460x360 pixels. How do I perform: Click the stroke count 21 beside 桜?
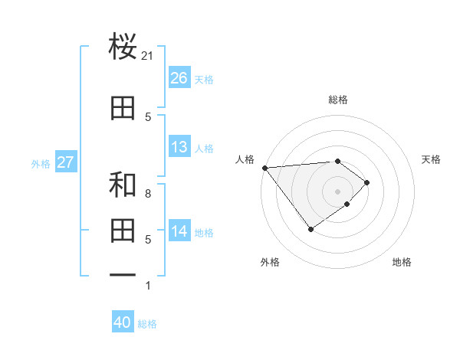click(x=148, y=55)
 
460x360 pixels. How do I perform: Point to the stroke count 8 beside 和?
click(x=148, y=194)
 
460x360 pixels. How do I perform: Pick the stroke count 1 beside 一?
click(x=148, y=286)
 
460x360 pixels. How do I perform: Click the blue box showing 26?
click(x=179, y=78)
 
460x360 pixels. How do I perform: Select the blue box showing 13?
click(x=179, y=147)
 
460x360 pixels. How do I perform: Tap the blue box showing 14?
click(x=179, y=232)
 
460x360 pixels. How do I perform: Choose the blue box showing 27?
click(x=65, y=162)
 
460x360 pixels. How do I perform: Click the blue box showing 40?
click(x=123, y=322)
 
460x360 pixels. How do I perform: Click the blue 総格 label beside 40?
click(x=147, y=324)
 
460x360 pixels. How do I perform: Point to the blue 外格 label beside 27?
click(x=41, y=164)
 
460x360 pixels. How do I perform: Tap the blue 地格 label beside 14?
click(x=205, y=233)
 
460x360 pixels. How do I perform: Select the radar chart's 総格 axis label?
click(x=337, y=100)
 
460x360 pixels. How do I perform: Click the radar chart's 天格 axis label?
click(x=432, y=159)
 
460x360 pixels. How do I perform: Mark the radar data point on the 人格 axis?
click(x=264, y=168)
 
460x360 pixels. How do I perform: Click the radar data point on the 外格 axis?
click(x=310, y=229)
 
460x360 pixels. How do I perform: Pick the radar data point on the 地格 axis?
click(x=347, y=205)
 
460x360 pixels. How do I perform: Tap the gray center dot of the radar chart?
click(x=337, y=191)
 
